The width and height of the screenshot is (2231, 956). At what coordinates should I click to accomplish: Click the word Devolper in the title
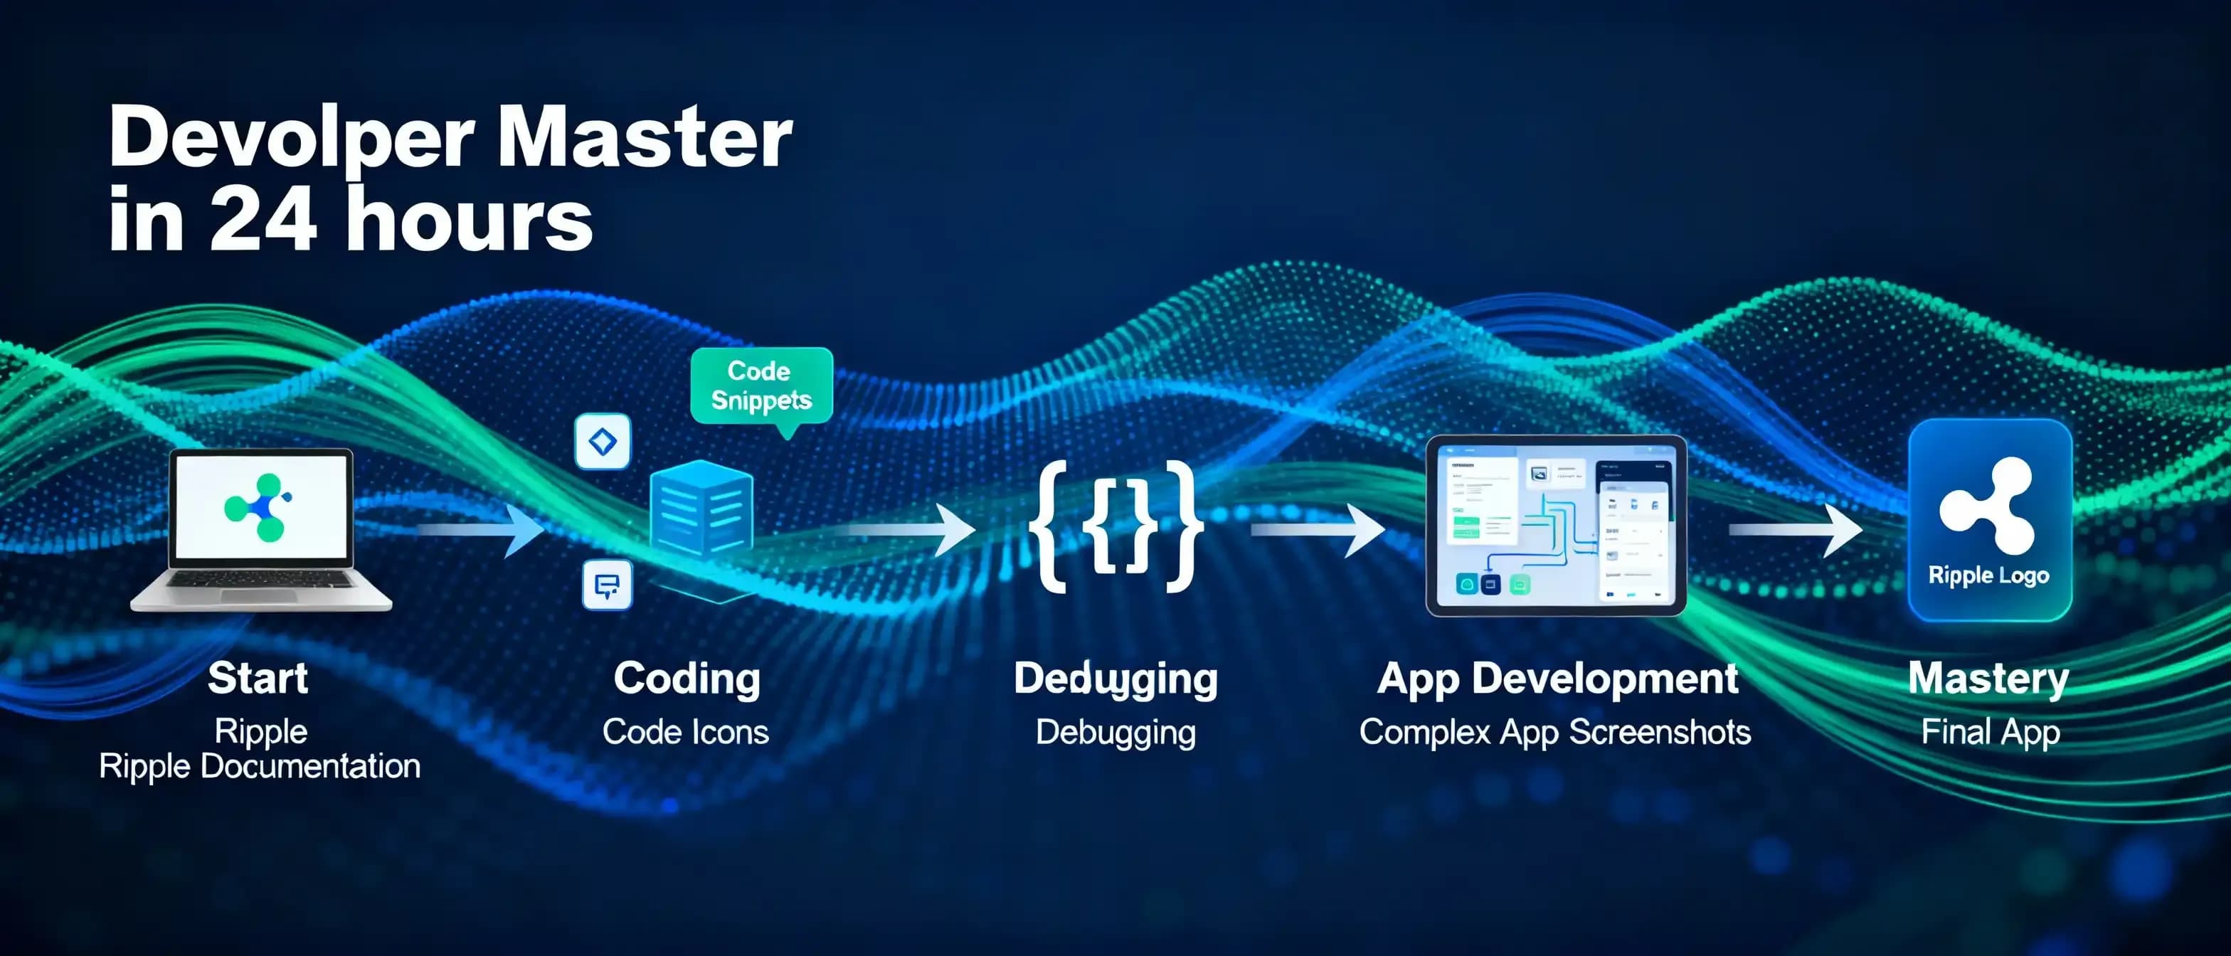(x=291, y=139)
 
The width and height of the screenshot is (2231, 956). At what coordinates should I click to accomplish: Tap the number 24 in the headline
(x=263, y=220)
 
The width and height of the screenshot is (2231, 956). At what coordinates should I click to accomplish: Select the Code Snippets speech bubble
(x=761, y=386)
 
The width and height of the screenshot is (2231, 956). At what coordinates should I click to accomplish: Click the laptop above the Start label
(x=262, y=530)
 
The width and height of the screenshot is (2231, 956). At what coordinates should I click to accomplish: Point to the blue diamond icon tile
(x=603, y=442)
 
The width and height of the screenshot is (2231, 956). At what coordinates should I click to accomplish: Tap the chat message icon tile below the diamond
(x=607, y=585)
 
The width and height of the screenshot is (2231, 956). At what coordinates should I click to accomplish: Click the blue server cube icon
(x=701, y=511)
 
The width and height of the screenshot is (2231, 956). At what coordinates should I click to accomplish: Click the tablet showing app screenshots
(x=1555, y=526)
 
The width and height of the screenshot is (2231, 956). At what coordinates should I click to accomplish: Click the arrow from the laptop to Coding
(x=482, y=529)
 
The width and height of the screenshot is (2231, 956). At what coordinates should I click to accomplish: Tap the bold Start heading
(x=258, y=678)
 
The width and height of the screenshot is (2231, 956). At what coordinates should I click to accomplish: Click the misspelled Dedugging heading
(x=1115, y=678)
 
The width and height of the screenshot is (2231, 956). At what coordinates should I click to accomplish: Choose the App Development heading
(x=1557, y=678)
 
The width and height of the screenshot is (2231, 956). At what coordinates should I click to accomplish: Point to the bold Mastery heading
(x=1988, y=678)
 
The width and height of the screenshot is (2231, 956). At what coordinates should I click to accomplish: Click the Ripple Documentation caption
(x=260, y=766)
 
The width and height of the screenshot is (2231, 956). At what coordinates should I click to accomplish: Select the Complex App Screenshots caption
(x=1555, y=733)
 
